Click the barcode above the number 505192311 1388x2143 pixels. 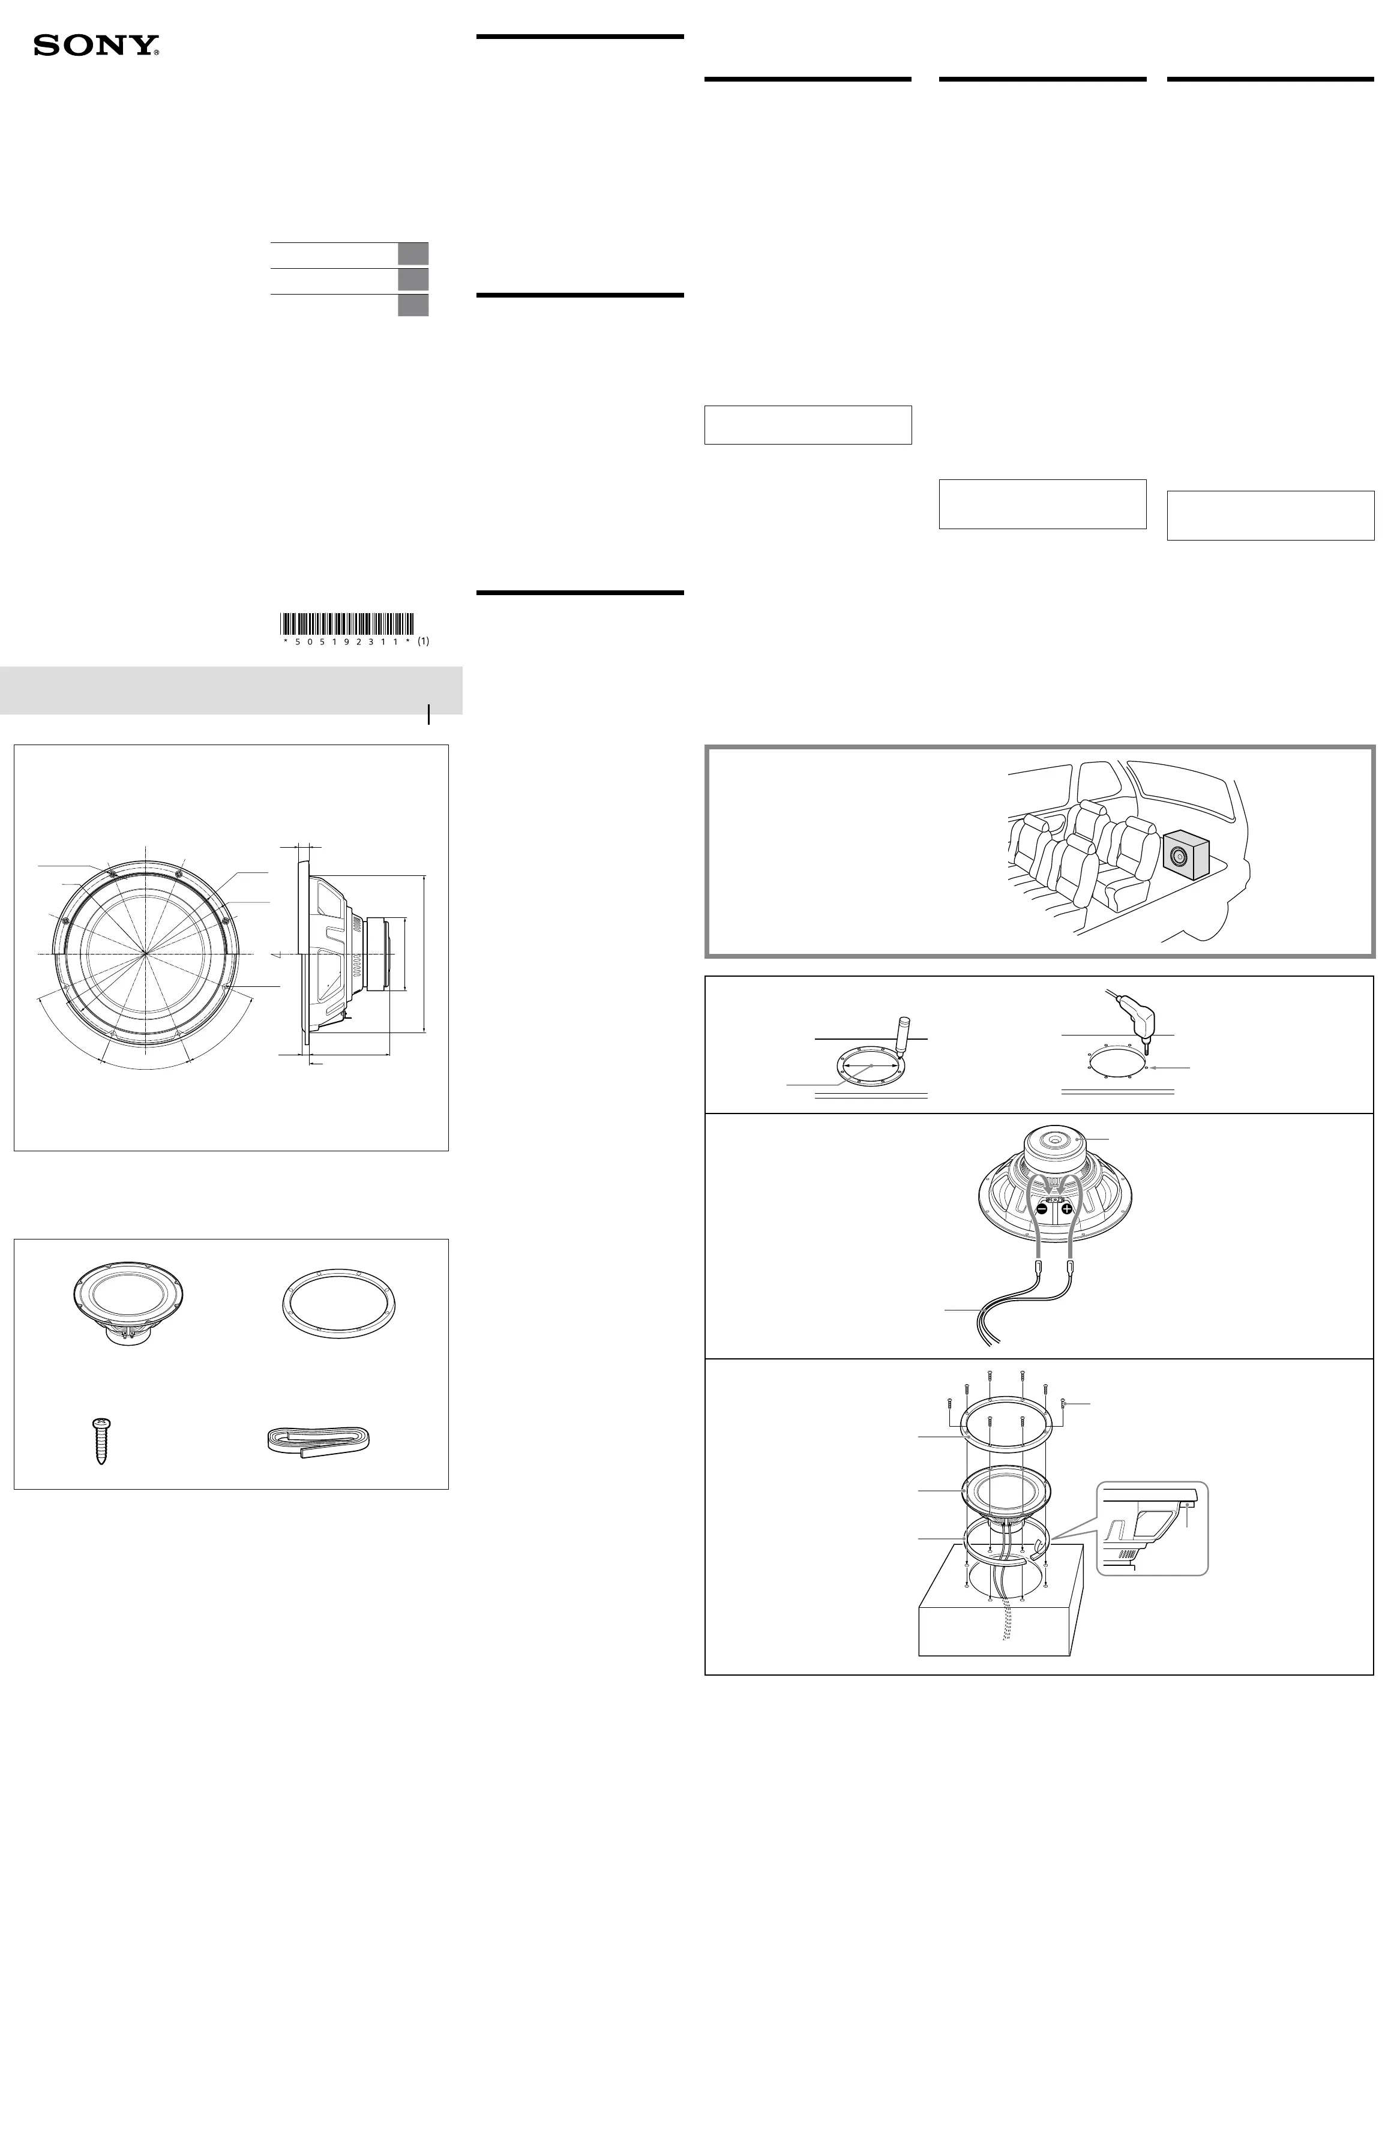[347, 623]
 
